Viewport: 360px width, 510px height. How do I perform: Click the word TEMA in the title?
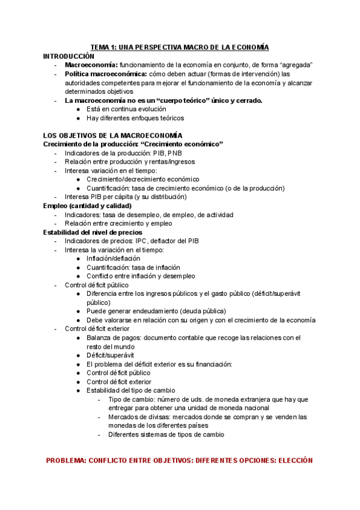[100, 47]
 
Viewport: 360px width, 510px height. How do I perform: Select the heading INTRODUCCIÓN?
[69, 55]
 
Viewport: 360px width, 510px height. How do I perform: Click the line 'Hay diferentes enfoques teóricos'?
[135, 118]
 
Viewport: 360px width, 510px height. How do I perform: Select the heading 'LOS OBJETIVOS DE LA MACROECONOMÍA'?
[113, 135]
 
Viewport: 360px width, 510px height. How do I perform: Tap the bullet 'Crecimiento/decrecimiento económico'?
[142, 179]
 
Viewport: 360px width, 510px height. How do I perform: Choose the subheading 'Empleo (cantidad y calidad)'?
[87, 206]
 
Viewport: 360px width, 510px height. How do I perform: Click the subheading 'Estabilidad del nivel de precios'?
[93, 232]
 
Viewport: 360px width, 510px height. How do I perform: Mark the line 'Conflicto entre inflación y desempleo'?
[141, 276]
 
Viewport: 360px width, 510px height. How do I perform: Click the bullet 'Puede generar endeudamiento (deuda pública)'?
[156, 311]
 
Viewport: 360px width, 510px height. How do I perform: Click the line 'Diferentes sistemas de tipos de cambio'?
[166, 434]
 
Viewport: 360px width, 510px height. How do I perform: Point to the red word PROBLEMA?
[66, 460]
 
